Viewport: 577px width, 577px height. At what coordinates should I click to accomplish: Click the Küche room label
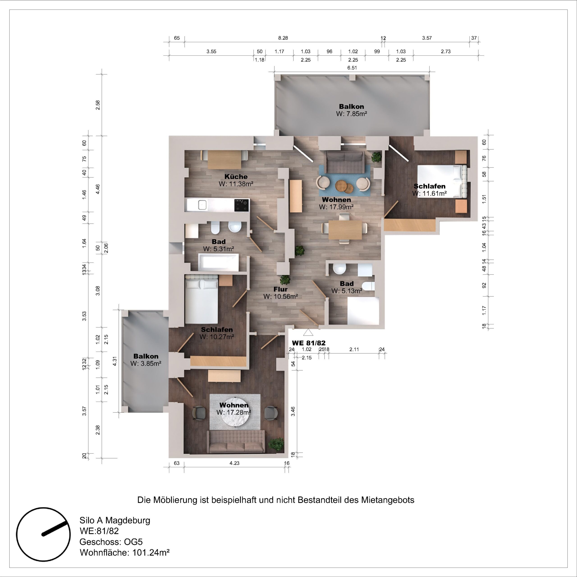point(236,176)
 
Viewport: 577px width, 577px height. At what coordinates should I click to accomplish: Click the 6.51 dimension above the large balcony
point(352,68)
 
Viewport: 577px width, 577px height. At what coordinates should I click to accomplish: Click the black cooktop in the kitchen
point(241,205)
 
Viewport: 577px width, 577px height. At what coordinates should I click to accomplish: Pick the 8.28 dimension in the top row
point(283,38)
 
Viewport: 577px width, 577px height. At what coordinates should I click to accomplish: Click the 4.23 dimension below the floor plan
point(234,463)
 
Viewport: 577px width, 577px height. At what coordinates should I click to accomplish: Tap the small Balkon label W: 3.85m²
point(146,364)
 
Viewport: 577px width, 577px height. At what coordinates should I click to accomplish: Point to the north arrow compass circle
point(43,534)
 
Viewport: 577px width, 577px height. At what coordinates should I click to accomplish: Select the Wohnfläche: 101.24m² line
point(125,552)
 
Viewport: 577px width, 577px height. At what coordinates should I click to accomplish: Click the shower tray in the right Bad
point(363,311)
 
